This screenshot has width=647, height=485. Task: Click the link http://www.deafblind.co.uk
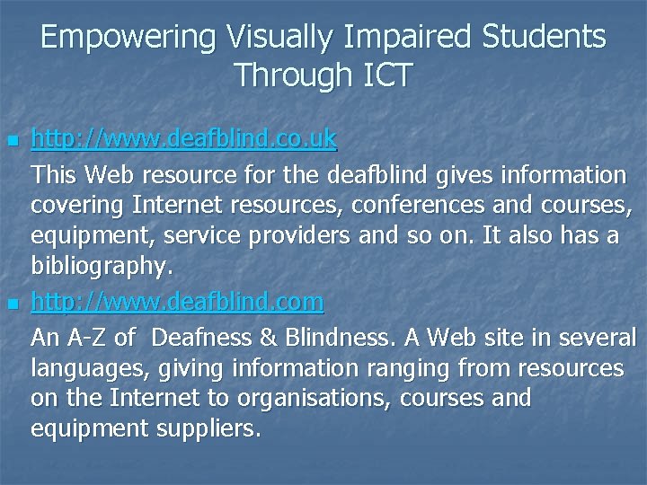coord(183,139)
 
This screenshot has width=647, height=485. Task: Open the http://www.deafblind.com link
coord(177,303)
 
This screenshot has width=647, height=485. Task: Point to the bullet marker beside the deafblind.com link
coord(11,305)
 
